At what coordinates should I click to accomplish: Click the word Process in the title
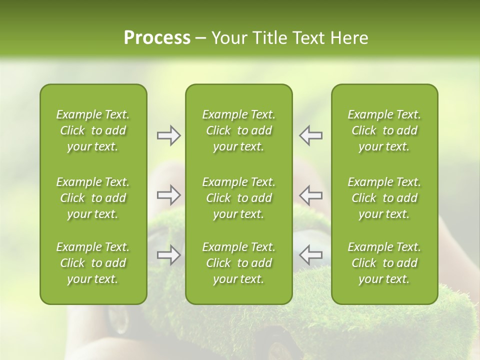pyautogui.click(x=157, y=38)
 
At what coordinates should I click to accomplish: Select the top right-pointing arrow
pyautogui.click(x=168, y=135)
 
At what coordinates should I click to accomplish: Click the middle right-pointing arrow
pyautogui.click(x=168, y=195)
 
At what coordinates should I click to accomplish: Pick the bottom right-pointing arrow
pyautogui.click(x=168, y=255)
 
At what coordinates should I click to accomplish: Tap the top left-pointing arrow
pyautogui.click(x=310, y=135)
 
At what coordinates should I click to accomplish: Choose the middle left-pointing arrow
pyautogui.click(x=310, y=195)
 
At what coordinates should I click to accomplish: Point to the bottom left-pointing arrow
pyautogui.click(x=310, y=255)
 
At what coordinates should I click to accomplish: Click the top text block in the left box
pyautogui.click(x=93, y=130)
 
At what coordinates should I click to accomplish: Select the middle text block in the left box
pyautogui.click(x=93, y=198)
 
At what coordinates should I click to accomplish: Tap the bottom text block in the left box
pyautogui.click(x=93, y=263)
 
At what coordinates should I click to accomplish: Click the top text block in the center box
pyautogui.click(x=238, y=130)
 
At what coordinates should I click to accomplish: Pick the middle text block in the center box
pyautogui.click(x=238, y=198)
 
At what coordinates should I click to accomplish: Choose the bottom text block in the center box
pyautogui.click(x=238, y=263)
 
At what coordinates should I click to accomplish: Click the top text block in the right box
pyautogui.click(x=384, y=130)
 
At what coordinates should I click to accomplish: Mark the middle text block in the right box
pyautogui.click(x=384, y=198)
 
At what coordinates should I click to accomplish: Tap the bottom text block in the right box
pyautogui.click(x=384, y=263)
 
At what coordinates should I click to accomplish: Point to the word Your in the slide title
pyautogui.click(x=228, y=38)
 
